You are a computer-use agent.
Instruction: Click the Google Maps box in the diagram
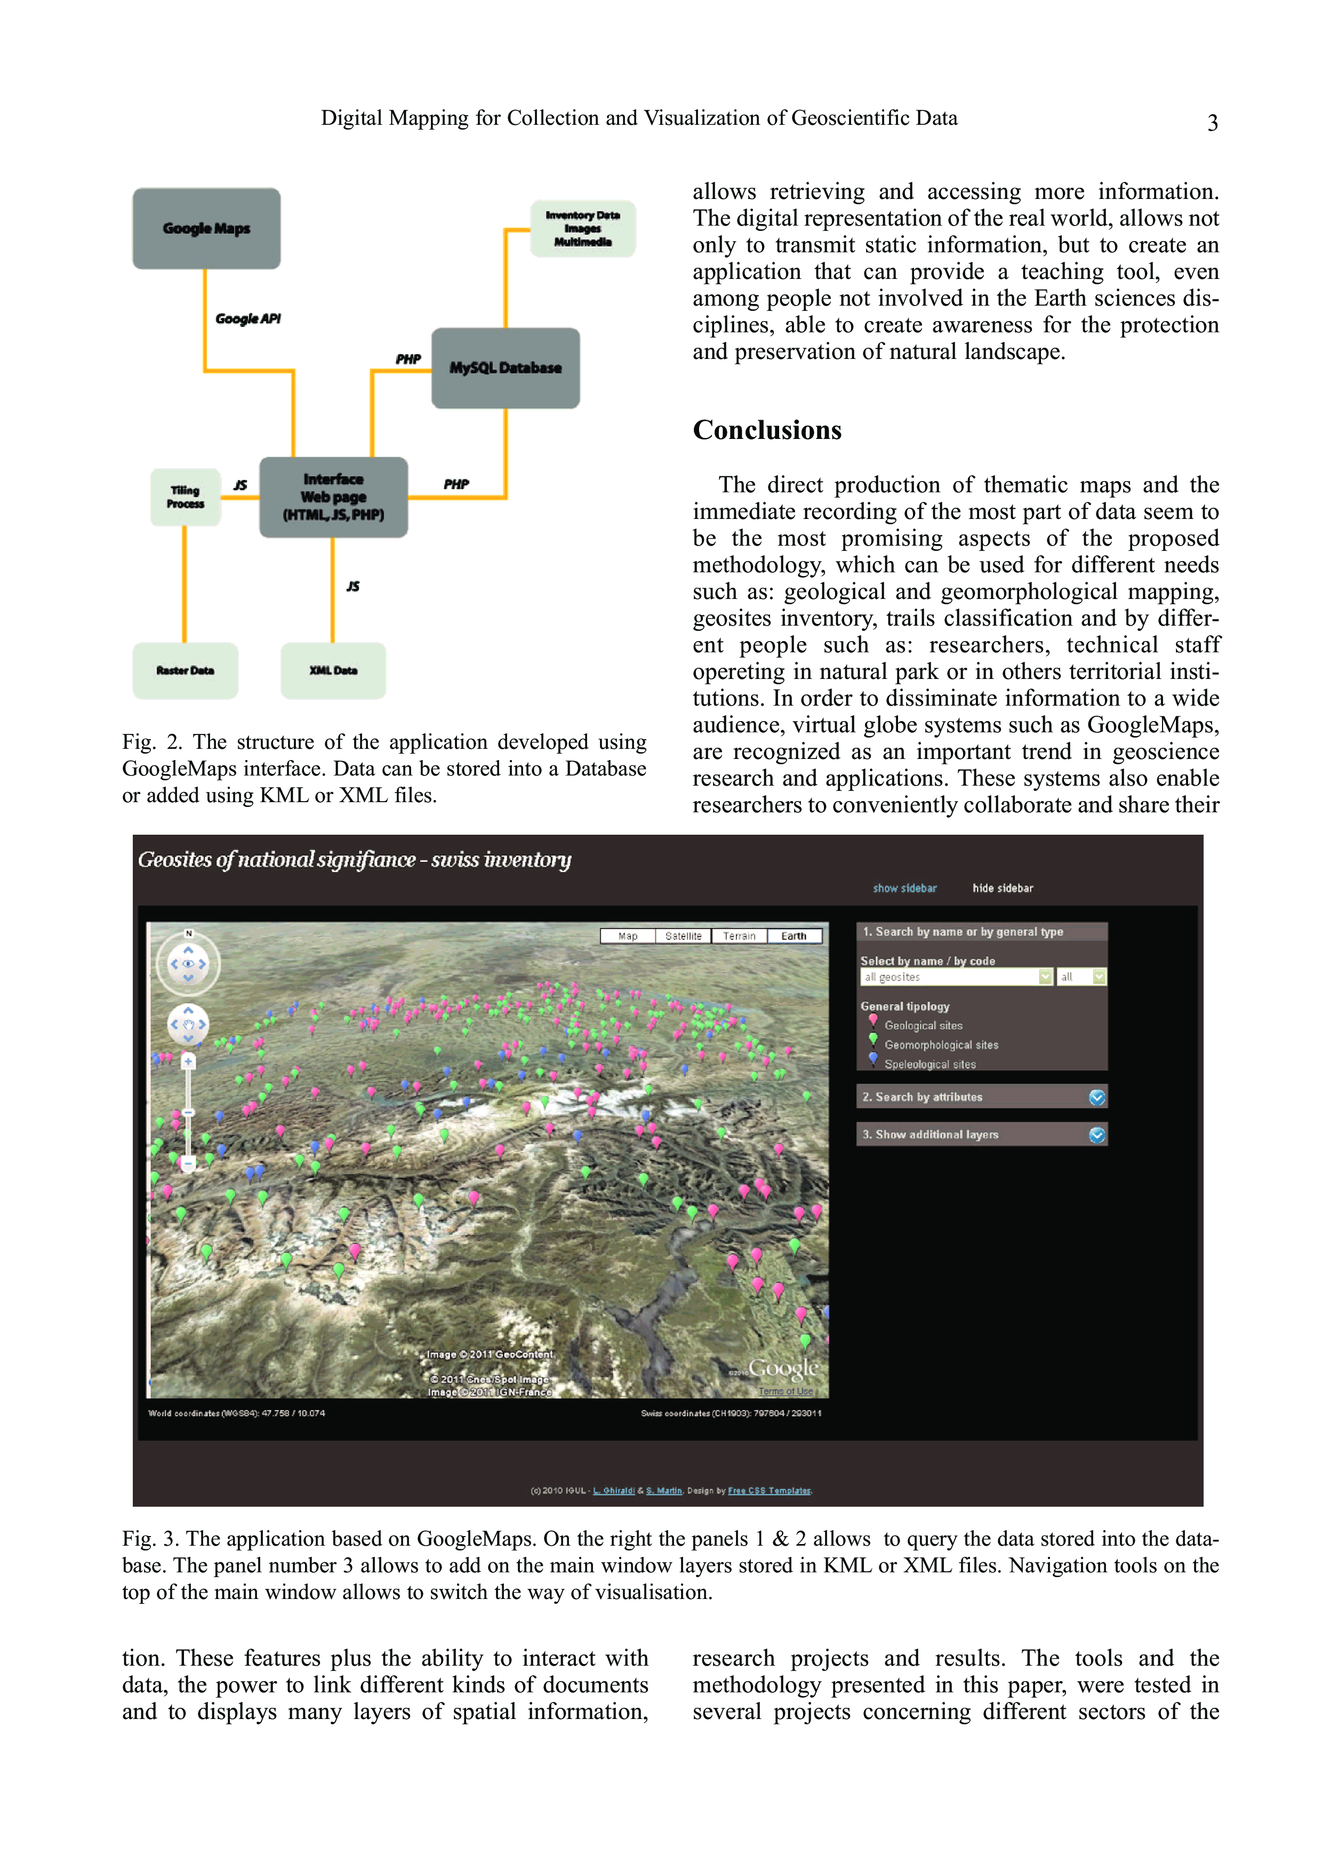tap(206, 229)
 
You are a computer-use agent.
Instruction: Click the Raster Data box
tap(186, 670)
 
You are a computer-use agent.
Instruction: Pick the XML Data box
tap(333, 670)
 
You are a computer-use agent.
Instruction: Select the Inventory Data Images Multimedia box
tap(582, 229)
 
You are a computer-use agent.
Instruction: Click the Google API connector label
tap(247, 318)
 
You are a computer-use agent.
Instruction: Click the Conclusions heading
tap(766, 430)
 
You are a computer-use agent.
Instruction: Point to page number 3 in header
tap(1212, 123)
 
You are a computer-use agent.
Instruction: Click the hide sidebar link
tap(1002, 888)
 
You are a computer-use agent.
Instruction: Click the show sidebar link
tap(904, 888)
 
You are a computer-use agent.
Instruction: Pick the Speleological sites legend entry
tap(930, 1064)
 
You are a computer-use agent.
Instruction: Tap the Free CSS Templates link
tap(769, 1490)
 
